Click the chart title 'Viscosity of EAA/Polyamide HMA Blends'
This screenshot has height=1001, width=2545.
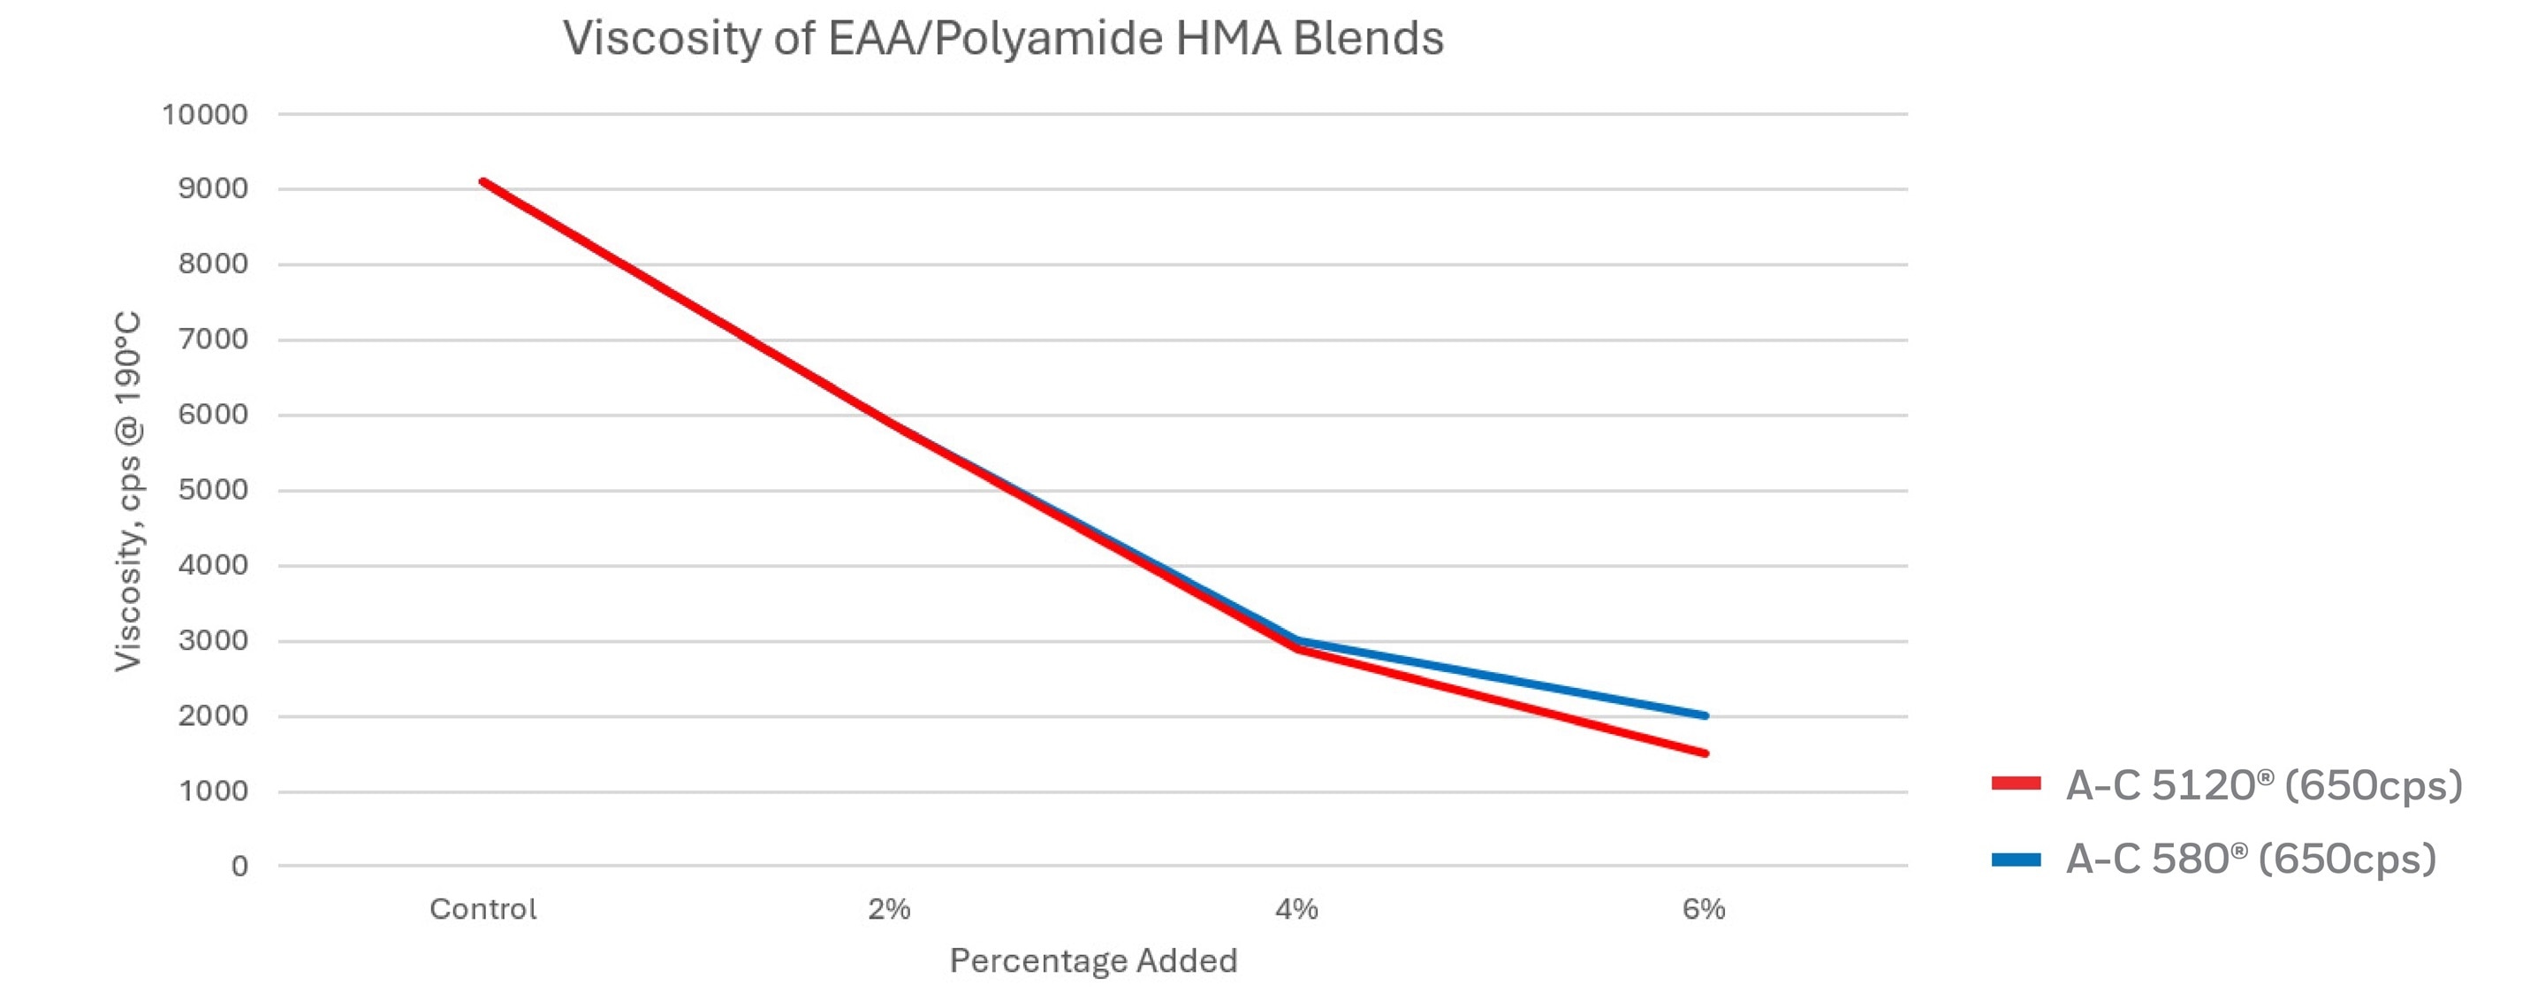(x=1003, y=40)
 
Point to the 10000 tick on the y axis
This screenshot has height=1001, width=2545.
(x=204, y=115)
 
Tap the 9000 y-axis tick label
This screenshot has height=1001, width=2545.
(x=212, y=188)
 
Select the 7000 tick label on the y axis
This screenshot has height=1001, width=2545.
(x=212, y=339)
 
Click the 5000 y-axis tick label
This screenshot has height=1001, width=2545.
(x=212, y=490)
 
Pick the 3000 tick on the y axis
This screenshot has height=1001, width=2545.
(x=212, y=640)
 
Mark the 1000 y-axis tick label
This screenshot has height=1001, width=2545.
(x=212, y=791)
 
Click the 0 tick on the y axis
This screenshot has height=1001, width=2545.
(x=239, y=867)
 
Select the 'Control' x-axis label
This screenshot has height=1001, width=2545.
(x=483, y=909)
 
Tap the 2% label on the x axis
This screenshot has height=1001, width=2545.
(x=889, y=909)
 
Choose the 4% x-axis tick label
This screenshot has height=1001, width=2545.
(x=1296, y=909)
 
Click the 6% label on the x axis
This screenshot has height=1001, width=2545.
(x=1703, y=909)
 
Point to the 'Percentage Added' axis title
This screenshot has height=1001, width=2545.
(x=1093, y=960)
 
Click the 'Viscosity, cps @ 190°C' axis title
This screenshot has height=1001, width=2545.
(x=128, y=491)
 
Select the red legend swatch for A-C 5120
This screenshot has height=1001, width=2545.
(x=2016, y=783)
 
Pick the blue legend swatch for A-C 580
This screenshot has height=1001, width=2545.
(x=2016, y=860)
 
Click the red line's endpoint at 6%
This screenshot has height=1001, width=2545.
(x=1705, y=754)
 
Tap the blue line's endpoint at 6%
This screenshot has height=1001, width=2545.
(x=1705, y=715)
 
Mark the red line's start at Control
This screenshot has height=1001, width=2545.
(x=482, y=182)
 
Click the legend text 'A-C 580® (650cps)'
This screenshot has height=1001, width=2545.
(x=2251, y=860)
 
